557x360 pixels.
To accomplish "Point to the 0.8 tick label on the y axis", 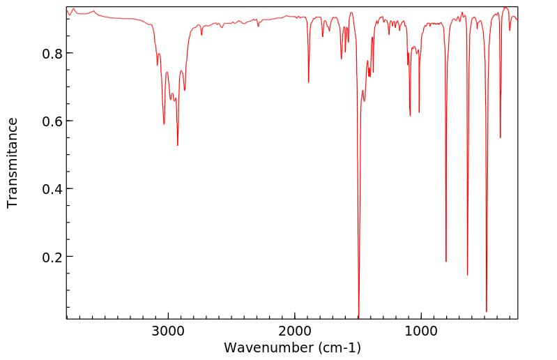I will [x=51, y=54].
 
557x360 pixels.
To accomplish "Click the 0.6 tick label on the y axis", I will [x=51, y=121].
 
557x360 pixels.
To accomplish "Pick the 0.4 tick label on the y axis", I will [x=51, y=189].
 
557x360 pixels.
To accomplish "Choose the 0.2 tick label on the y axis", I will [x=51, y=257].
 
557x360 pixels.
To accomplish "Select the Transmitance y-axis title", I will [x=13, y=163].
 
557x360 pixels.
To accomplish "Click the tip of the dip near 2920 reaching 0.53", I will [x=178, y=145].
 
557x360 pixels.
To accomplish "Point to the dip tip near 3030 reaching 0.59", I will [x=164, y=123].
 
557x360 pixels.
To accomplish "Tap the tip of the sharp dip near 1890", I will [x=309, y=82].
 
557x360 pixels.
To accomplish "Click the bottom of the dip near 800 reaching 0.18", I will [x=446, y=261].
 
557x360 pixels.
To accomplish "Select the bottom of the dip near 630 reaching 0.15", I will [x=468, y=275].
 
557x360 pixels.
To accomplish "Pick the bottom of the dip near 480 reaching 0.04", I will [x=487, y=311].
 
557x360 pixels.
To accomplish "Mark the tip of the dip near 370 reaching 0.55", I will [x=501, y=137].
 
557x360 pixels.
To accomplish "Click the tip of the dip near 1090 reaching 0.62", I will [x=410, y=115].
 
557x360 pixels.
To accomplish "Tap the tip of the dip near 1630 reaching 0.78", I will [x=342, y=59].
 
